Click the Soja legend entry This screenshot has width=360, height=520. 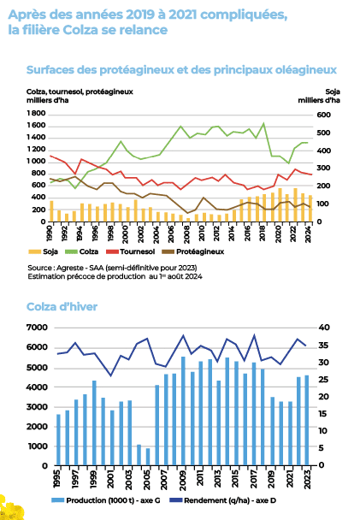44,251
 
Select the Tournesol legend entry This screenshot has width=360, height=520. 130,251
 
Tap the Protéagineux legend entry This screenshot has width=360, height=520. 192,251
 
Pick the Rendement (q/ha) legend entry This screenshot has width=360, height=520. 222,500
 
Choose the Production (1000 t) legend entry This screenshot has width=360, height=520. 106,500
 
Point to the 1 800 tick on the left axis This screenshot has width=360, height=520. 36,114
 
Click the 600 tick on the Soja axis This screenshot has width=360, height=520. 324,115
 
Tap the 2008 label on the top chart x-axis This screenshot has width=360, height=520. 186,234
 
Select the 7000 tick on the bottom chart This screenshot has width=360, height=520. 37,328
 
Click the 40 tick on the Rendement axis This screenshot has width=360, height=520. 324,328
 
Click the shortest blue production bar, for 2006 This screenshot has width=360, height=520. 148,457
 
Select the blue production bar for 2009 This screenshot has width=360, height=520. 183,411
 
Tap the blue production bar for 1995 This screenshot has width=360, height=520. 58,440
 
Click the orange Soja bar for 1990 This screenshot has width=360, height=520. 51,211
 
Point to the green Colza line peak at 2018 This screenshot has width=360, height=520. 264,123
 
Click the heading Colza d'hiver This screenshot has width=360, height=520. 62,307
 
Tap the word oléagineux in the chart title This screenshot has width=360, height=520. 306,70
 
